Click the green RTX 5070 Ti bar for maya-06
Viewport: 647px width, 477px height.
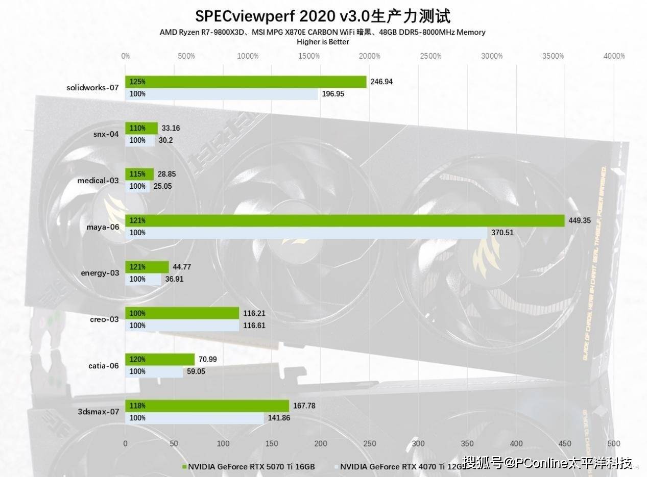pos(345,220)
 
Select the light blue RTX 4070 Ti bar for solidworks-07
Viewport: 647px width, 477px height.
pos(222,94)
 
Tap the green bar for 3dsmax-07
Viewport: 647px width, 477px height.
pos(207,406)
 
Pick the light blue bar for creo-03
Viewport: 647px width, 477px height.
pos(182,325)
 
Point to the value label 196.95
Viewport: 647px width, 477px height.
pos(333,94)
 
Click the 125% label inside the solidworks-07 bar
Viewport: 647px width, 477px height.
pos(137,82)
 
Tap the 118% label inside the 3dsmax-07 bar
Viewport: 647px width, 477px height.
pos(137,406)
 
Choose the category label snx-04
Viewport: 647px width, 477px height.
pos(107,134)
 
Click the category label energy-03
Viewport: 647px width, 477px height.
pos(100,273)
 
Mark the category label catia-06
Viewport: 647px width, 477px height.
pos(104,365)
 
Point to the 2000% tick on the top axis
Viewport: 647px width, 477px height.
pos(370,56)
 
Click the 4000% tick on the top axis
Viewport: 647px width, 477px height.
pos(614,56)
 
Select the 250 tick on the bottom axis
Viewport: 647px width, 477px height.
pos(370,444)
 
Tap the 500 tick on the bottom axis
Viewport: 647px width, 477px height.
pos(614,444)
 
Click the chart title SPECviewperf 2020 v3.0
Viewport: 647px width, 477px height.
pos(323,16)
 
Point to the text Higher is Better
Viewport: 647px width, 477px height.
pos(323,42)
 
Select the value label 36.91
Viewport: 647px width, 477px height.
pos(174,279)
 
